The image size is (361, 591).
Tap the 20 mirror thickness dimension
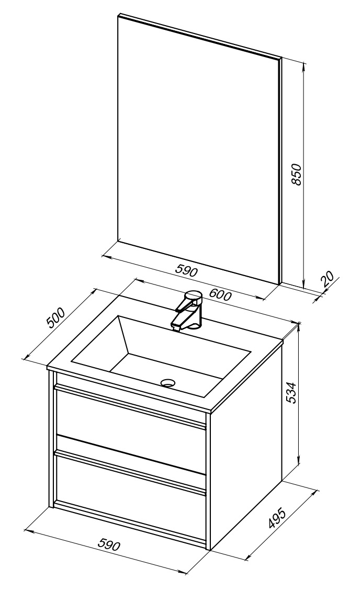coord(328,279)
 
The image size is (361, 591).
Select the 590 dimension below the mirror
coord(186,270)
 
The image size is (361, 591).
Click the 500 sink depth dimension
coord(56,318)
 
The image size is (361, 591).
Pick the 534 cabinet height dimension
coord(291,393)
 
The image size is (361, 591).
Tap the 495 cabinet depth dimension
coord(278,517)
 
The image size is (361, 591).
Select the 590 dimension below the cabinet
coord(109,545)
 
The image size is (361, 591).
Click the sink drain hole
coord(168,383)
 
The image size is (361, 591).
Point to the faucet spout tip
coord(175,328)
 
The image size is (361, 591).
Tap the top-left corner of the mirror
coord(118,15)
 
